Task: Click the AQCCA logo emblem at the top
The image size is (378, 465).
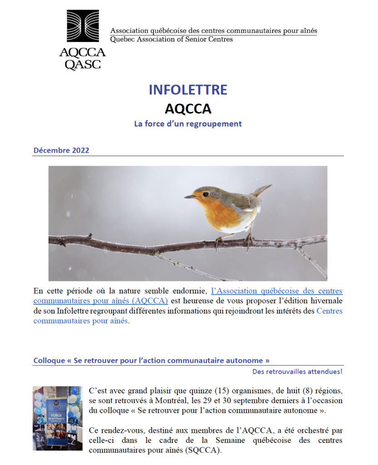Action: (x=83, y=26)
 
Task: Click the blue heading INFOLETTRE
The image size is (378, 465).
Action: (x=188, y=89)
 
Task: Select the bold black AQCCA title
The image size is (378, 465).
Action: (x=188, y=109)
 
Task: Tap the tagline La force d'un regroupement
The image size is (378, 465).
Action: (x=188, y=124)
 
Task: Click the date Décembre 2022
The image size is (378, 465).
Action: (x=61, y=150)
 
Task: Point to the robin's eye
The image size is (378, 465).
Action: (x=206, y=194)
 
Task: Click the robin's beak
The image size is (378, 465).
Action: (x=190, y=197)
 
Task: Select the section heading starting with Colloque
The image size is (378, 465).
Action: (x=152, y=361)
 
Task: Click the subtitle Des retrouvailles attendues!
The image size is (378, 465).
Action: (x=298, y=372)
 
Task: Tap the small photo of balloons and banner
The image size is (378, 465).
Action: (x=58, y=418)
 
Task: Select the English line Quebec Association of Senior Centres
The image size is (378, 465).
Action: (x=172, y=40)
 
